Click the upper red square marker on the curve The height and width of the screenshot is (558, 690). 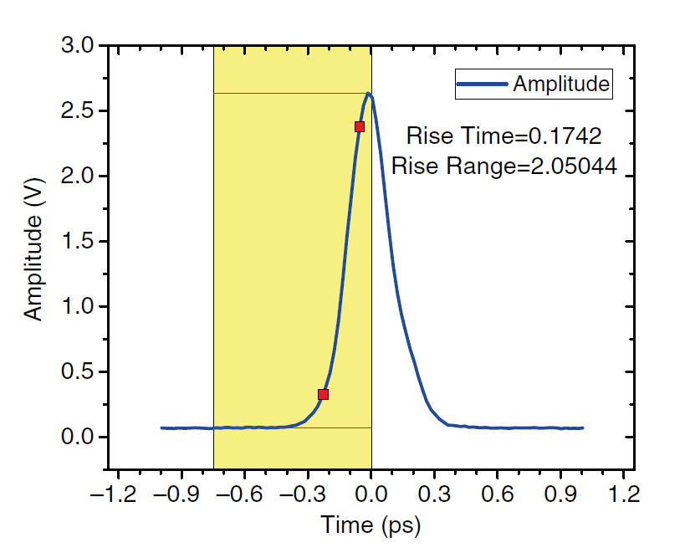click(360, 127)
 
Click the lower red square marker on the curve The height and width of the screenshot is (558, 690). click(324, 394)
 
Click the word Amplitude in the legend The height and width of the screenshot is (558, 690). click(561, 84)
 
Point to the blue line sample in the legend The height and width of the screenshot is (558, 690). click(482, 84)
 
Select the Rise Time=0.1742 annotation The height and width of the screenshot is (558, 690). click(503, 136)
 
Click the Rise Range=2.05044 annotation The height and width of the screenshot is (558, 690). click(504, 167)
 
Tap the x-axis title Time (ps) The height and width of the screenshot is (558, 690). click(371, 526)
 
